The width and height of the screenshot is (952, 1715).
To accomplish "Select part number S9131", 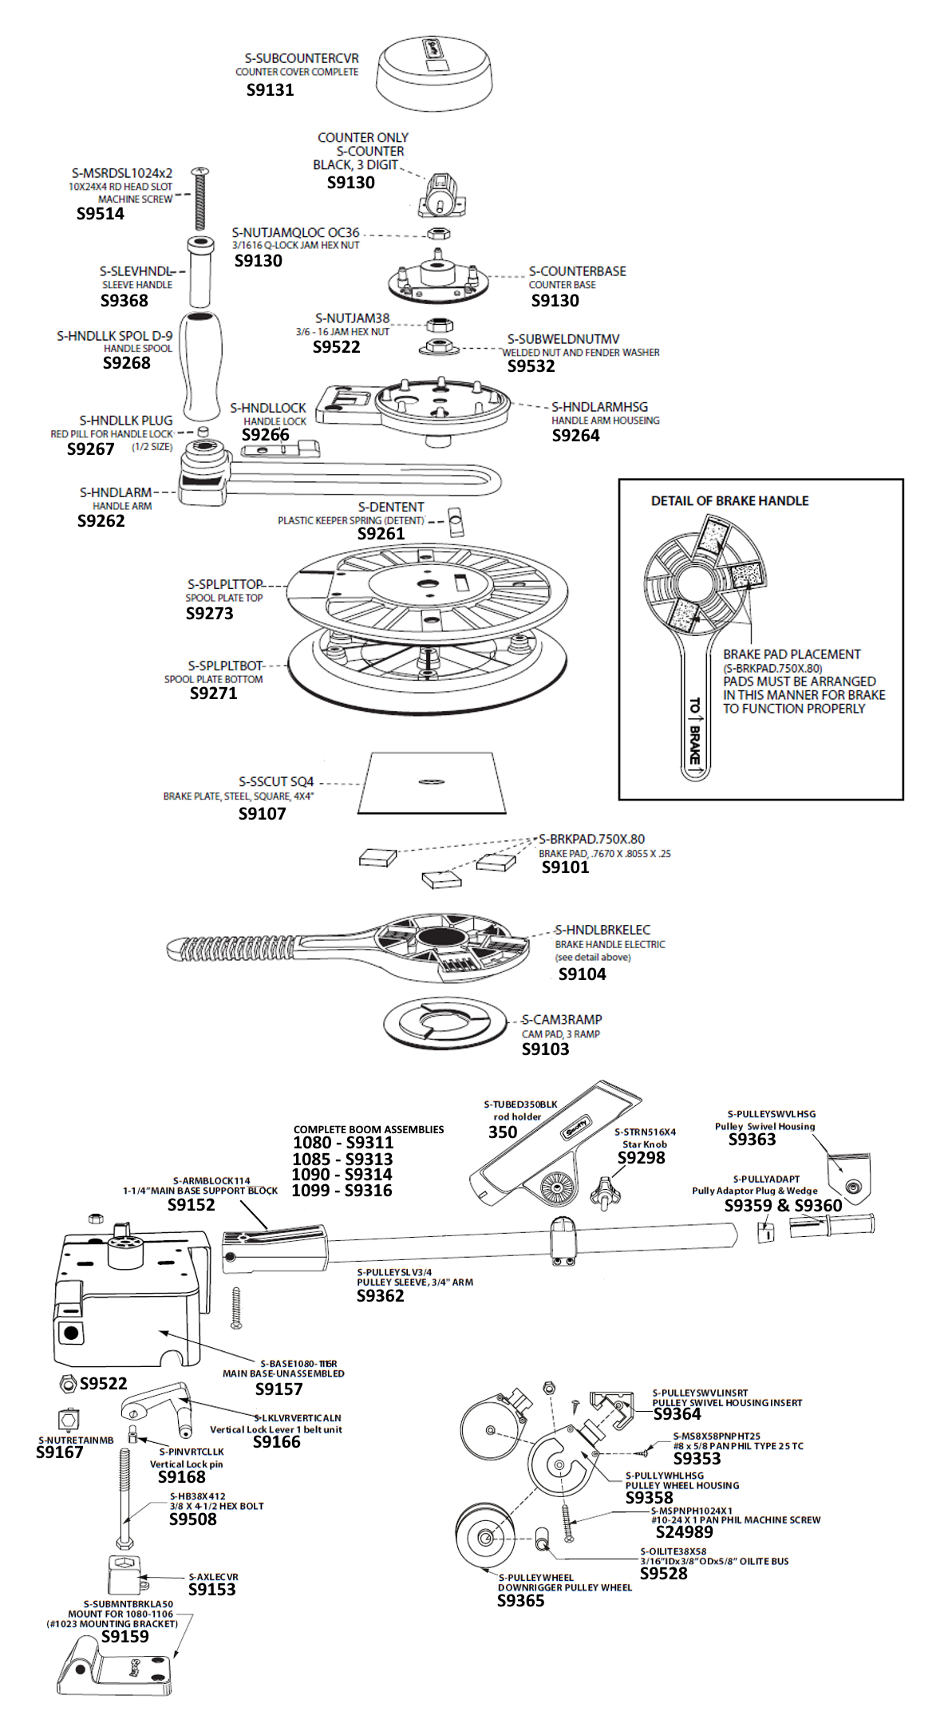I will click(270, 90).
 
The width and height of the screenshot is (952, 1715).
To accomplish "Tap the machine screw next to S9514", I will click(200, 200).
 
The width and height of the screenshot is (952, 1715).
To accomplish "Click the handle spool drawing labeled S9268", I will click(200, 365).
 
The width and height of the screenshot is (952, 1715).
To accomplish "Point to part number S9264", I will click(575, 436).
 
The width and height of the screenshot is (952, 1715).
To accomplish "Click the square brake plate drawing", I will click(432, 783).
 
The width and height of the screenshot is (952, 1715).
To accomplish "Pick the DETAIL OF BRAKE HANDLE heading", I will click(729, 501).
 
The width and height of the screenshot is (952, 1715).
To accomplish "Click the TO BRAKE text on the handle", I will click(694, 730).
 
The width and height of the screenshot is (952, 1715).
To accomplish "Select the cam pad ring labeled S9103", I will click(445, 1024).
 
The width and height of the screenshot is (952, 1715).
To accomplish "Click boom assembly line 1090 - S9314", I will click(342, 1175).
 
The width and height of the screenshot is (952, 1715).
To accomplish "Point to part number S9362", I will click(380, 1296).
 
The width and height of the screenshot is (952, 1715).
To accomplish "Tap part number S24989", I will click(684, 1531).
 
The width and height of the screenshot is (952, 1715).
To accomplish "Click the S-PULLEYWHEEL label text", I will click(535, 1578).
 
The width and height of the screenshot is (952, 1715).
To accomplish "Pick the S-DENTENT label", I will click(391, 508).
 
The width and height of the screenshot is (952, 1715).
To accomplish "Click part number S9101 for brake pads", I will click(565, 867).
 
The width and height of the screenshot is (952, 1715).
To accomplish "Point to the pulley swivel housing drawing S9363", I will click(849, 1178).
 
